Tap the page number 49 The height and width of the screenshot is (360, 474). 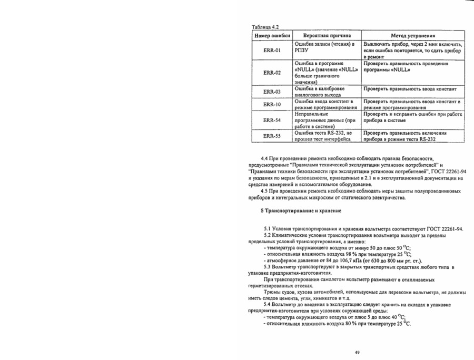(x=358, y=352)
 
